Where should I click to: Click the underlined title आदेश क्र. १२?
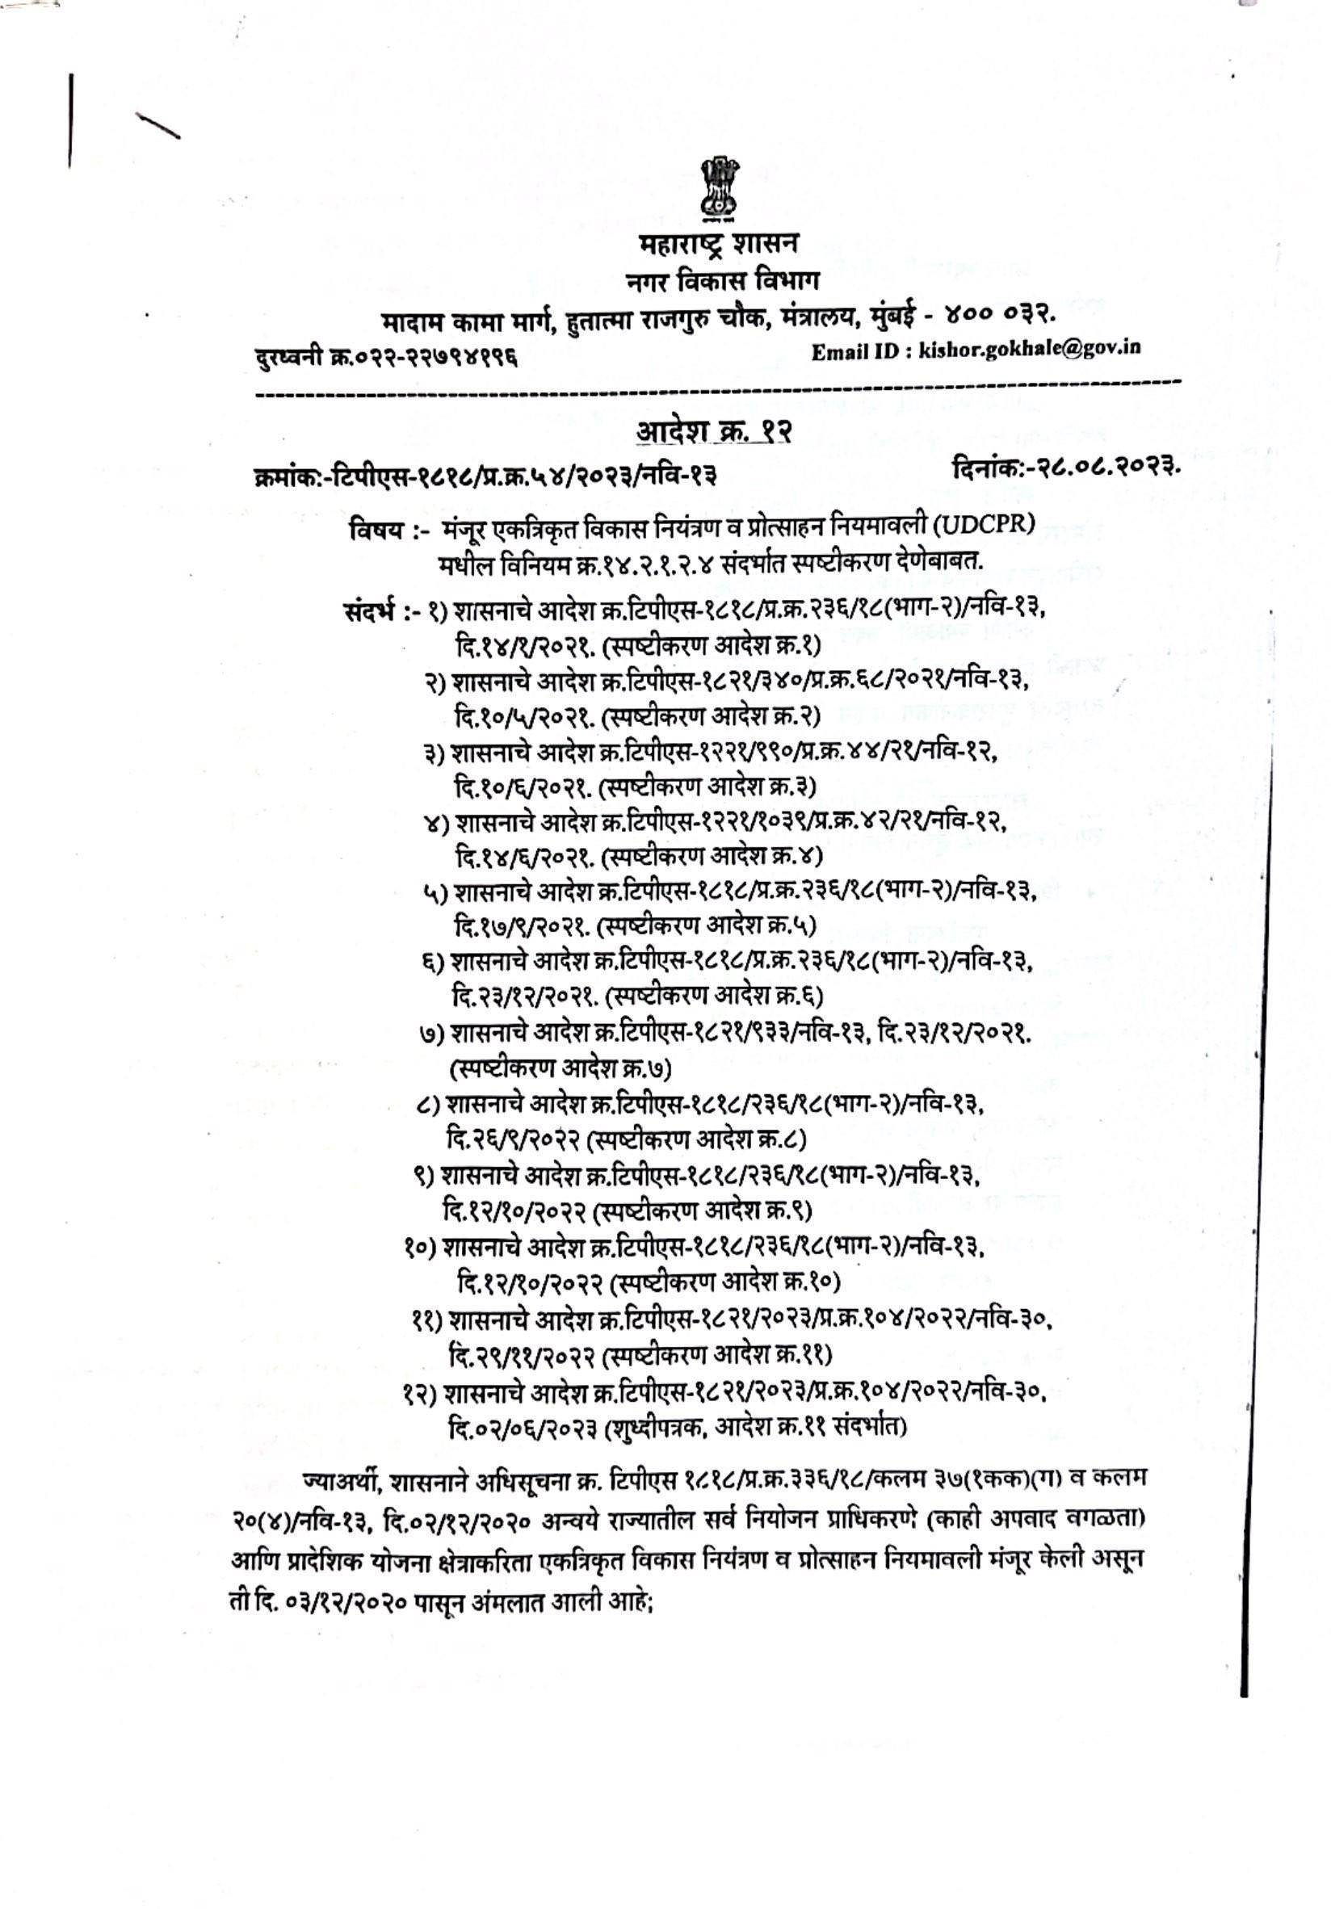713,431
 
